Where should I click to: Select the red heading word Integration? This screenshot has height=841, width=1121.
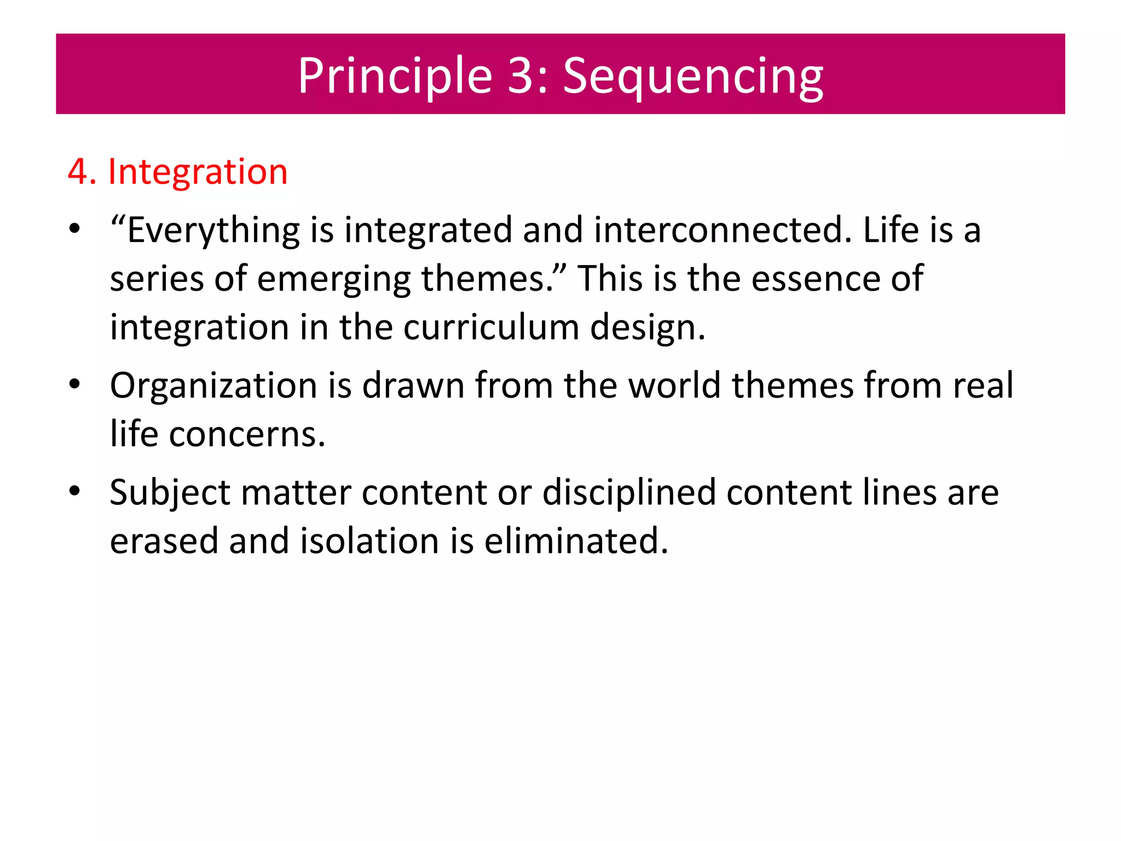click(198, 172)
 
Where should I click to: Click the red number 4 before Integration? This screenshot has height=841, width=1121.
click(78, 172)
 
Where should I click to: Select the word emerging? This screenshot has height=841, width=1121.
click(333, 279)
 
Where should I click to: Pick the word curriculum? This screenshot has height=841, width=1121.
click(491, 327)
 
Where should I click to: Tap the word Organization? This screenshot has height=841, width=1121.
click(213, 385)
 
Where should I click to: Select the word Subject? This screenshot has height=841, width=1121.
click(170, 493)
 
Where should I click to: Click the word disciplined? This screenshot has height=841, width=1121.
click(629, 492)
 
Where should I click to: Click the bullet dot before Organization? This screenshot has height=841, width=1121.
click(75, 384)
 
